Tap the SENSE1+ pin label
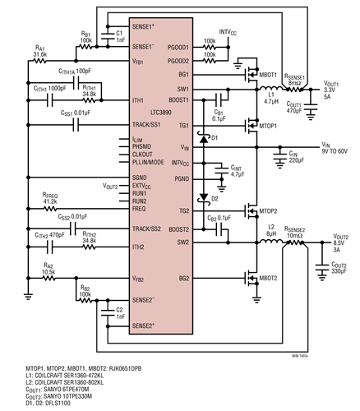click(x=144, y=27)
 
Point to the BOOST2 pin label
click(x=178, y=229)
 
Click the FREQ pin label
click(x=139, y=210)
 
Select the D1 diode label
click(x=216, y=137)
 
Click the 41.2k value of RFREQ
click(x=49, y=201)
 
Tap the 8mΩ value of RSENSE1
click(x=296, y=83)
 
